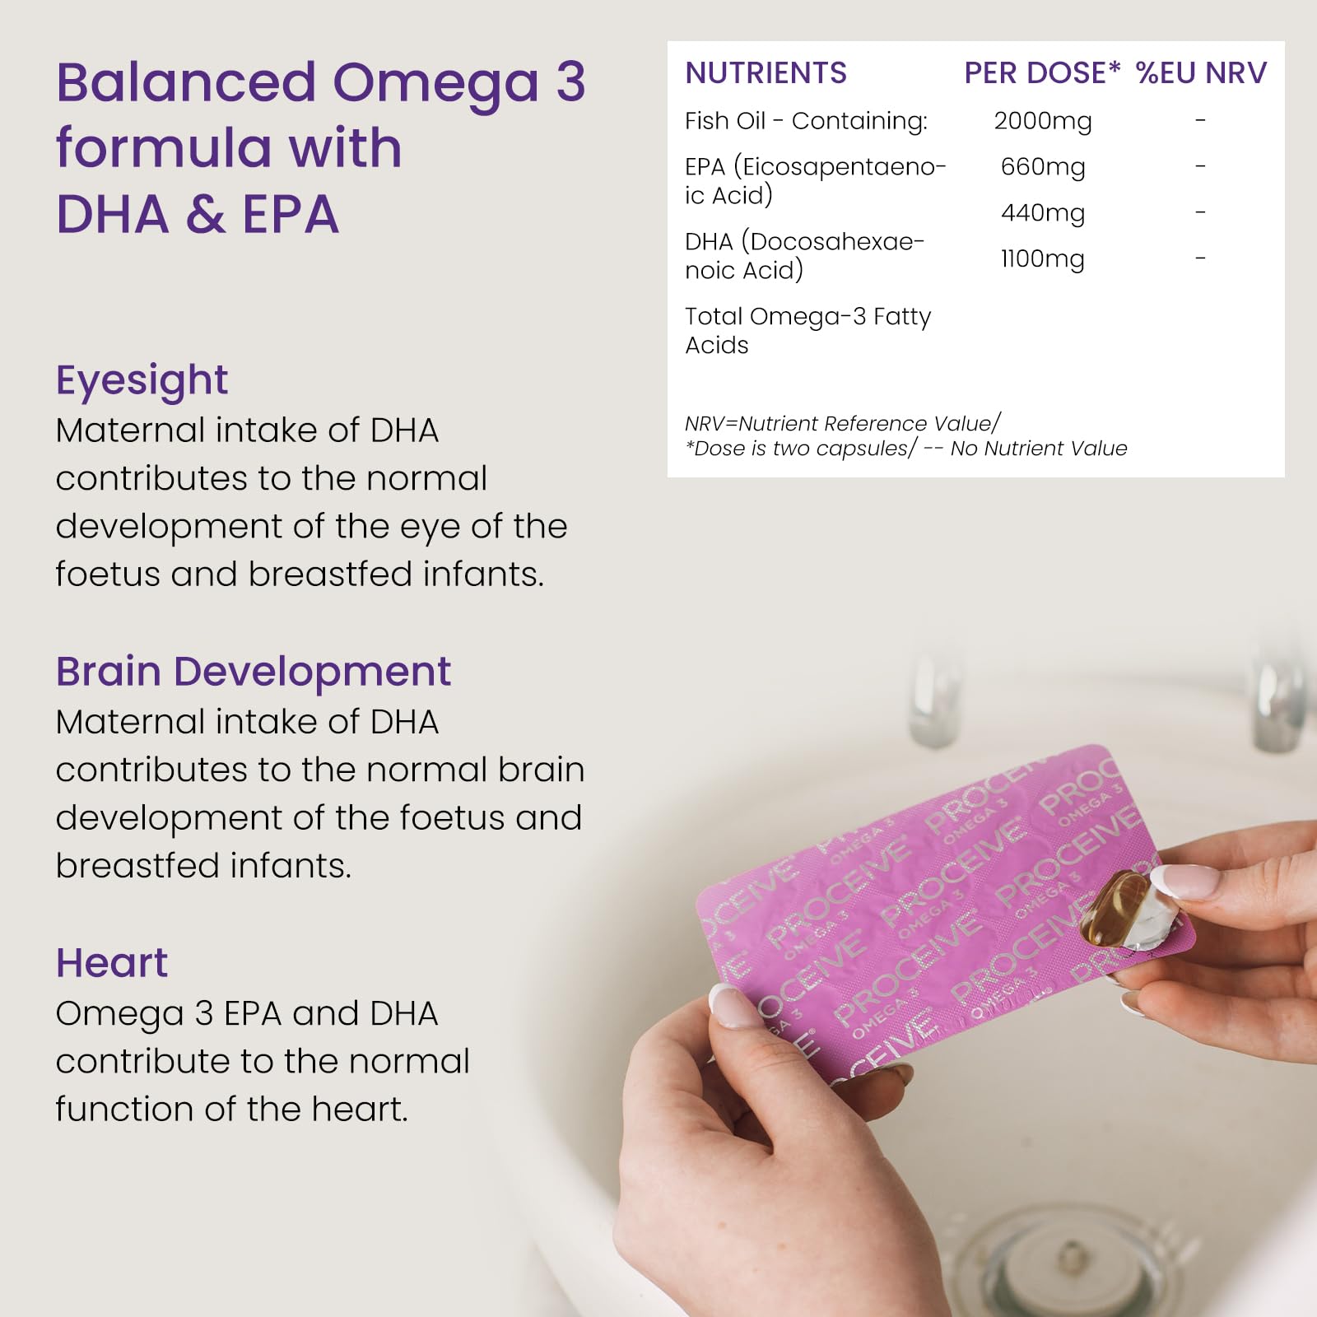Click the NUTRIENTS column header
[x=766, y=73]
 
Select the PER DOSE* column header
[x=1042, y=73]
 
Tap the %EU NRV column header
[x=1201, y=73]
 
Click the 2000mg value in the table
[x=1043, y=122]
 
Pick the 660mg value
[x=1043, y=168]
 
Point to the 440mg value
[x=1043, y=214]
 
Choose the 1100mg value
[x=1043, y=260]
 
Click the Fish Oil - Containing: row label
[x=806, y=121]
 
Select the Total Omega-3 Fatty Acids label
[x=807, y=330]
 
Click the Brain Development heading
[x=254, y=672]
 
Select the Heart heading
[x=112, y=963]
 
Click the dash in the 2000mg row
[x=1201, y=121]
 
